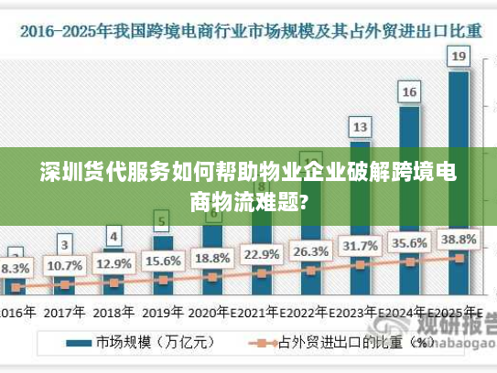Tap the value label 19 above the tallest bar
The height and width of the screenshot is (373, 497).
point(459,57)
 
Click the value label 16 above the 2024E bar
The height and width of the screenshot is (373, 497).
point(409,91)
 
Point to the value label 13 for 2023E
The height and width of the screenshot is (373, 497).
point(361,126)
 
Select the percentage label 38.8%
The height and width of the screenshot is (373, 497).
point(459,240)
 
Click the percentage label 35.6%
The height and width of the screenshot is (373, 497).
point(409,243)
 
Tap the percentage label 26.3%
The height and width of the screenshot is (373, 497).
point(311,250)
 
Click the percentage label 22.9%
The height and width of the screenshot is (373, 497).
point(262,253)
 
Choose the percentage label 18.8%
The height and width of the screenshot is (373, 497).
point(212,257)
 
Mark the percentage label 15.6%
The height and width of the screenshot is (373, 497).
point(163,261)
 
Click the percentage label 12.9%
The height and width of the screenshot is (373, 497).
point(113,263)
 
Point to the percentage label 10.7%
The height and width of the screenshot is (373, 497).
point(64,266)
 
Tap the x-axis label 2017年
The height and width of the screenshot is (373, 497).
point(64,311)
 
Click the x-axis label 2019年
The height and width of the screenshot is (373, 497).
point(163,311)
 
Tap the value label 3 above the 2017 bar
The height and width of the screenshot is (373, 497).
point(64,244)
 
